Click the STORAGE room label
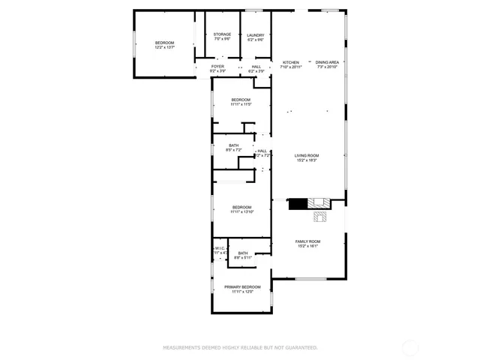[222, 34]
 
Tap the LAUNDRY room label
[256, 34]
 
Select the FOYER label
[217, 67]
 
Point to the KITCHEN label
[291, 62]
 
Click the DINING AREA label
[327, 62]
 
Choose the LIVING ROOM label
[307, 155]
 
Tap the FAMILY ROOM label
[307, 241]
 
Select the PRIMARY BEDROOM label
[242, 287]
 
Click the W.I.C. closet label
[220, 249]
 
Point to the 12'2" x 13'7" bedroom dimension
[164, 47]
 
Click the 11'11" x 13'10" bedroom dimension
[242, 211]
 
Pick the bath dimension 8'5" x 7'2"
[234, 150]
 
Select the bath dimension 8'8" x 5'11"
[243, 258]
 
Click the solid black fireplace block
[298, 203]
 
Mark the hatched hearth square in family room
[320, 217]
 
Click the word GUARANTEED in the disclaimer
[299, 347]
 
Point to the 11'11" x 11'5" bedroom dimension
[241, 104]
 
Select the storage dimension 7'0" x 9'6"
[222, 40]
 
